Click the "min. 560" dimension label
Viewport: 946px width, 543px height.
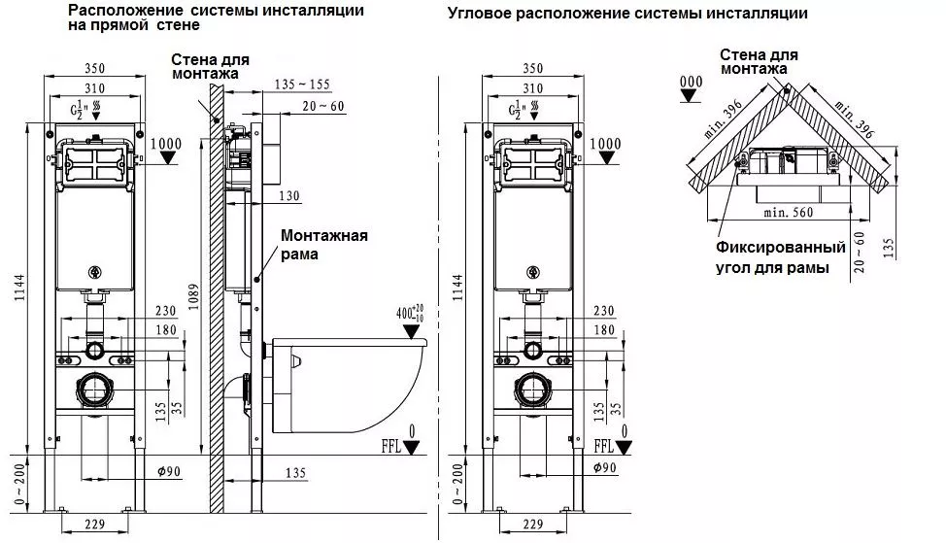(x=787, y=210)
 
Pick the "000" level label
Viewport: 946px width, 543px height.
(x=692, y=81)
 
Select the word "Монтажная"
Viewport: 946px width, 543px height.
(x=324, y=235)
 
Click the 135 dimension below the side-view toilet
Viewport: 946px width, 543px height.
(x=297, y=473)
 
